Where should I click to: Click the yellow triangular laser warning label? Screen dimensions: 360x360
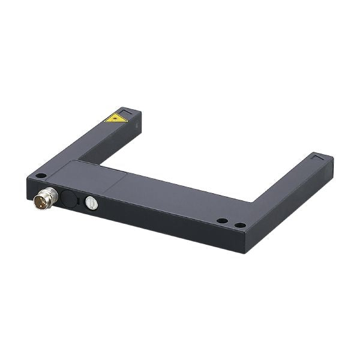(x=115, y=118)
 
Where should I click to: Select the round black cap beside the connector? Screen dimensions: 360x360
(x=69, y=200)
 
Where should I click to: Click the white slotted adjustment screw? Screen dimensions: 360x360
(x=91, y=203)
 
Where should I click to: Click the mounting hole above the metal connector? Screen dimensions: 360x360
(x=40, y=176)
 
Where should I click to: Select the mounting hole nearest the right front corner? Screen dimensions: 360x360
(x=240, y=225)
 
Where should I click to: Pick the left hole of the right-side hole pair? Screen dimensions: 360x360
(x=222, y=221)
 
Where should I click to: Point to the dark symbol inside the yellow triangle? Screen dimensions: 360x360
(x=115, y=118)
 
